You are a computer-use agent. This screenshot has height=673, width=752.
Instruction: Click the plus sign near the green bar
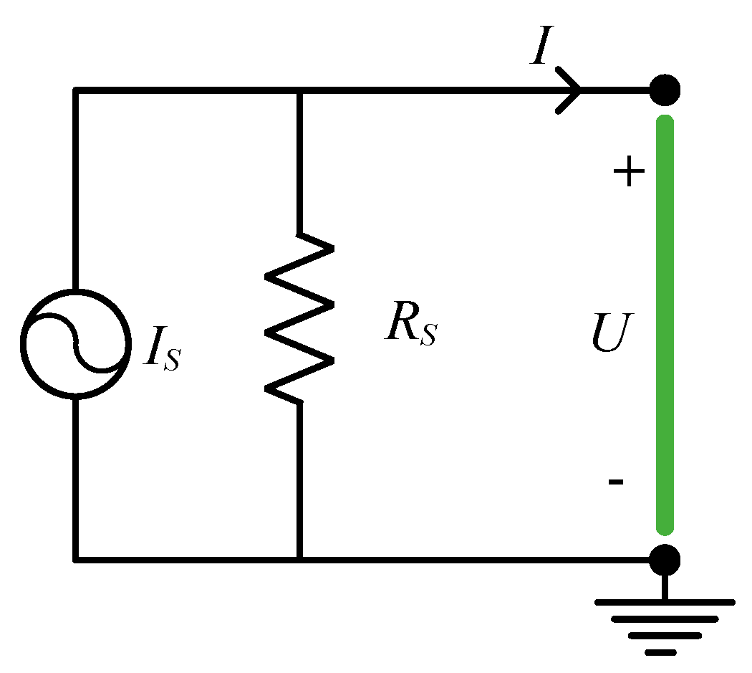point(630,173)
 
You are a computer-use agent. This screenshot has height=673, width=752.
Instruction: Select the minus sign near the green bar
point(615,482)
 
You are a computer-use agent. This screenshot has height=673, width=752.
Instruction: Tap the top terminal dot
point(665,90)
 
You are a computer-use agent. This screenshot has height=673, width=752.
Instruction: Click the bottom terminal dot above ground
point(665,559)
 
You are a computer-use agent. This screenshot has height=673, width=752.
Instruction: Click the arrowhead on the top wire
point(573,90)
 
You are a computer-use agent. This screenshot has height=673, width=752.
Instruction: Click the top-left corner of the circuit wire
point(75,90)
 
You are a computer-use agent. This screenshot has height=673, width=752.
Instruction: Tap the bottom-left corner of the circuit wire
point(75,559)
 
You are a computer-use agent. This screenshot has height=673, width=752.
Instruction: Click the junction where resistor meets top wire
point(299,90)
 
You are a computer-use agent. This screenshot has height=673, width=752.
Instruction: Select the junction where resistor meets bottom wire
point(299,559)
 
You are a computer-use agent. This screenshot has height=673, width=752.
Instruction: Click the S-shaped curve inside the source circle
point(75,343)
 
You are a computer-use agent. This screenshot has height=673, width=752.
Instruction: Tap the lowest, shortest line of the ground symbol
point(660,652)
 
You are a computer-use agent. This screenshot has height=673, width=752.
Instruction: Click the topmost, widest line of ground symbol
point(665,603)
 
